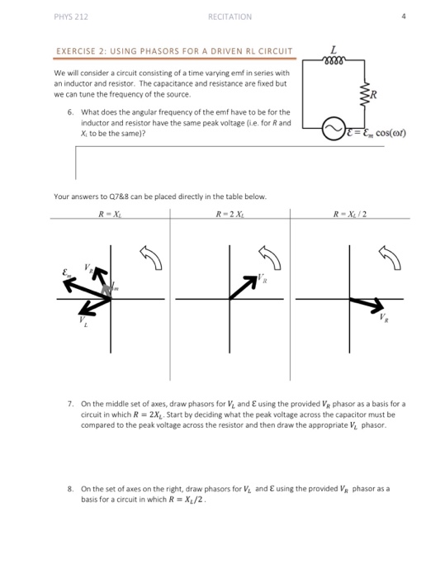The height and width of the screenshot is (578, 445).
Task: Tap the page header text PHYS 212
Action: (64, 15)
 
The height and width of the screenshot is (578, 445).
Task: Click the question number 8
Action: (72, 489)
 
